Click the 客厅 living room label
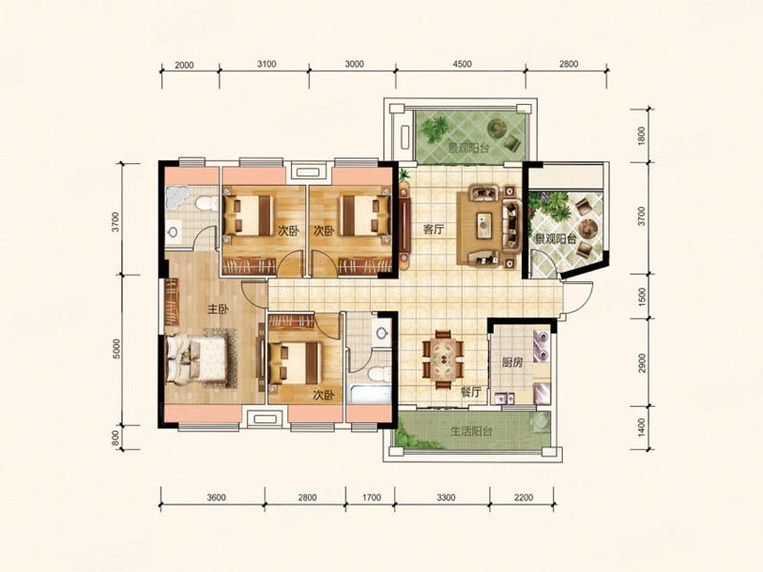pyautogui.click(x=433, y=229)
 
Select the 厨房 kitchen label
pyautogui.click(x=512, y=362)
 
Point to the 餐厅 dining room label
pyautogui.click(x=470, y=392)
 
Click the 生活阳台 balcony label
pyautogui.click(x=471, y=431)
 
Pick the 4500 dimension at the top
pyautogui.click(x=462, y=64)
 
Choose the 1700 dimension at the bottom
pyautogui.click(x=371, y=498)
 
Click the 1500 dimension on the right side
pyautogui.click(x=642, y=296)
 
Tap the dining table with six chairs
pyautogui.click(x=443, y=359)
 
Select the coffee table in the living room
pyautogui.click(x=485, y=225)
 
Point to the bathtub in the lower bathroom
pyautogui.click(x=371, y=394)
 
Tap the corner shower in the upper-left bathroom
pyautogui.click(x=176, y=196)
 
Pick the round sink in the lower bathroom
pyautogui.click(x=383, y=333)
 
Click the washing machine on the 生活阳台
pyautogui.click(x=540, y=421)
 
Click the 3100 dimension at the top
pyautogui.click(x=267, y=64)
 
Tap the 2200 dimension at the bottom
pyautogui.click(x=523, y=498)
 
